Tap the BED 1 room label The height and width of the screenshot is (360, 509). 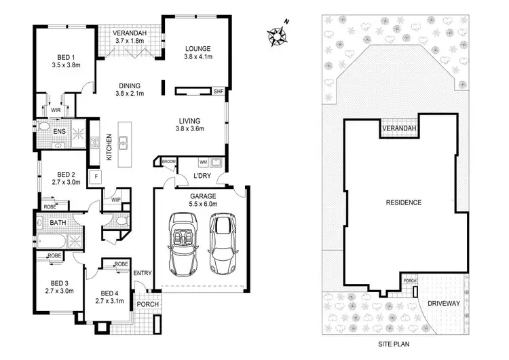(66, 62)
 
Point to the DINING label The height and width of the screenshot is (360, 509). (130, 86)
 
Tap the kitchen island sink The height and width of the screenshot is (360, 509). (124, 143)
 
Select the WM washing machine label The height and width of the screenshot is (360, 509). (204, 162)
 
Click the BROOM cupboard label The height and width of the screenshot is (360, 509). (168, 162)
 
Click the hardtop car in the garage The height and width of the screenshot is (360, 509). (221, 241)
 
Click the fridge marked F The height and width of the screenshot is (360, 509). (97, 177)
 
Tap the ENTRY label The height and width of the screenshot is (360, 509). (143, 273)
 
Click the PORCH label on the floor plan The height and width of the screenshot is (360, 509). (147, 304)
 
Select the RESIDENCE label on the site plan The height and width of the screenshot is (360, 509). (404, 202)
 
